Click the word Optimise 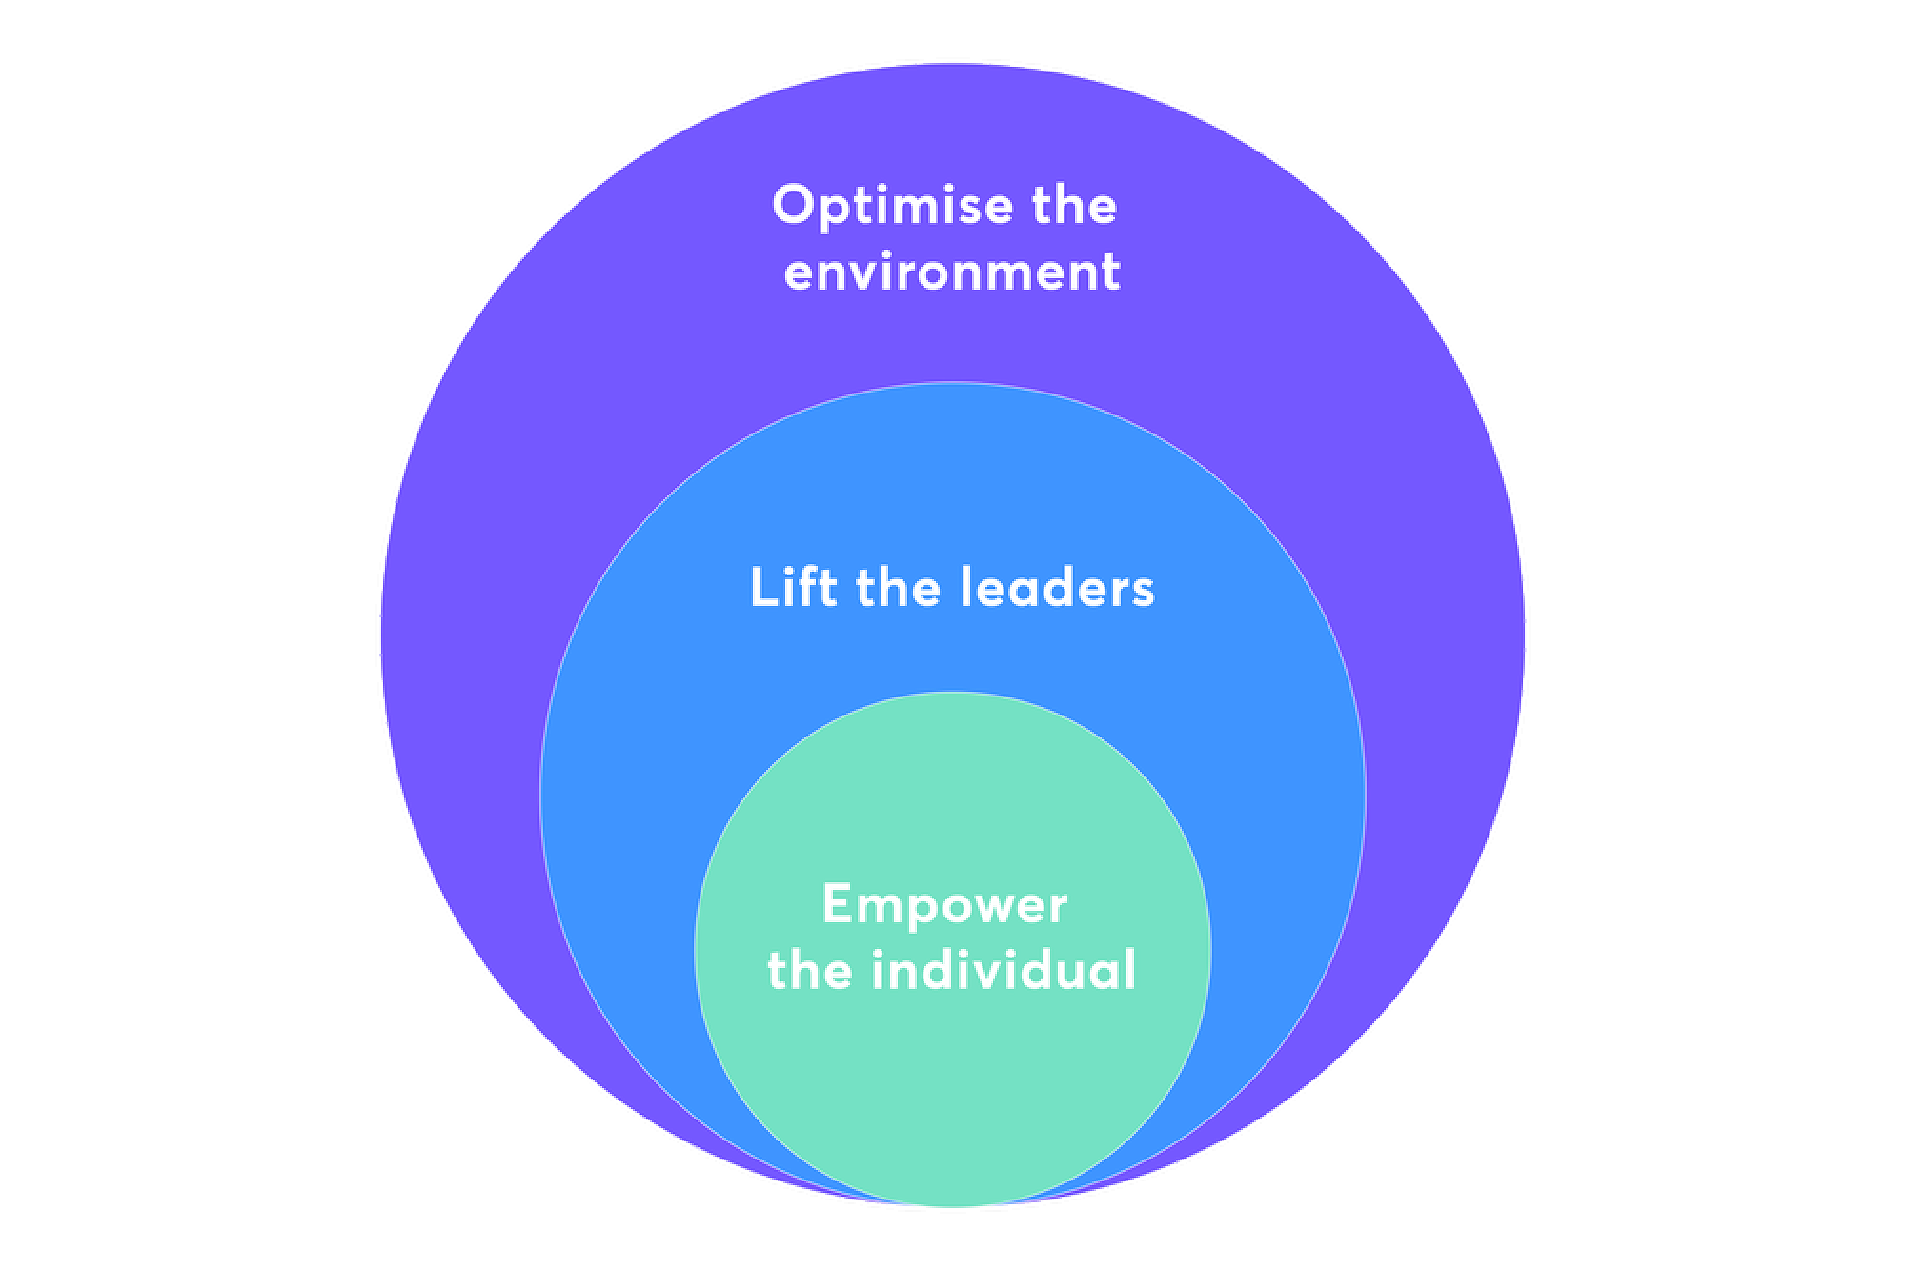coord(879,206)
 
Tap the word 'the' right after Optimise coord(1072,206)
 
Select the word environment coord(952,272)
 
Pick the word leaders coord(1057,587)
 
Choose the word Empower coord(944,904)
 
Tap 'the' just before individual coord(809,970)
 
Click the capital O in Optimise coord(792,206)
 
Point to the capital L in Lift coord(760,587)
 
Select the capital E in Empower coord(835,903)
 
